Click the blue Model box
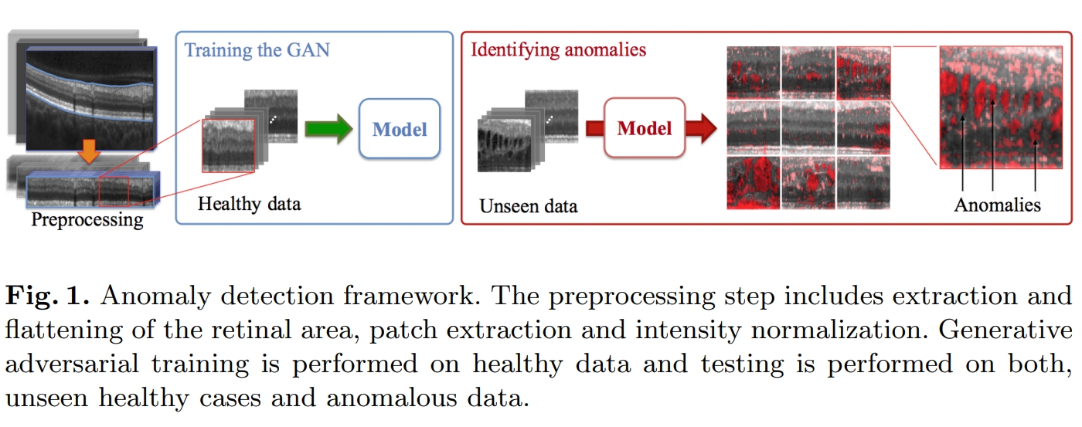pos(400,129)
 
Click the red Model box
pos(644,128)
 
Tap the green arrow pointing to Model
pos(328,129)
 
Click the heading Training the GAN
pos(257,51)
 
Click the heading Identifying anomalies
pos(558,51)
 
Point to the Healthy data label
pos(249,205)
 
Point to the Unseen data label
pos(528,206)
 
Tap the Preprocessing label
pos(87,220)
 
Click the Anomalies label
pos(997,205)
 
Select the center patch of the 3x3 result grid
pos(808,127)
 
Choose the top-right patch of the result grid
pos(863,73)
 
